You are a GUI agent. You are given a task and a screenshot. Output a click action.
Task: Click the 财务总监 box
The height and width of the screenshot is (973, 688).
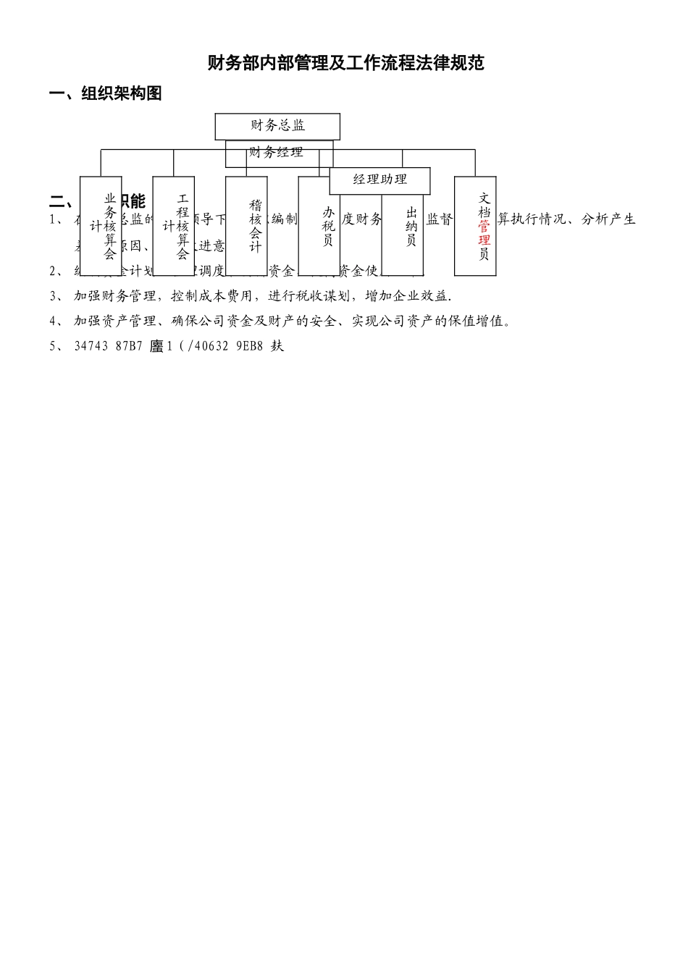pos(277,126)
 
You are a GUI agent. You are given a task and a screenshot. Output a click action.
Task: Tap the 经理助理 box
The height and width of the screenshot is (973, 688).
pos(379,180)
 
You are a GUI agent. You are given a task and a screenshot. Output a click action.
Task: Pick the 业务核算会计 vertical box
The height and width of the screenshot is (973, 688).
pos(101,226)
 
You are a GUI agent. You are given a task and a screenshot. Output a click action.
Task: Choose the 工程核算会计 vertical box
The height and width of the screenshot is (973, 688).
pos(174,226)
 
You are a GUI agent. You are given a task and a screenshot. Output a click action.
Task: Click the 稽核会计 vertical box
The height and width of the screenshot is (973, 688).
pos(247,226)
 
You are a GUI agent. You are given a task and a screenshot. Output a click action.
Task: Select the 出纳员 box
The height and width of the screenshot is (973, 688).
pos(403,226)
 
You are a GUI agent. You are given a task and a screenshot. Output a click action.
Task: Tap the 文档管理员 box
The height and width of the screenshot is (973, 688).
pos(475,226)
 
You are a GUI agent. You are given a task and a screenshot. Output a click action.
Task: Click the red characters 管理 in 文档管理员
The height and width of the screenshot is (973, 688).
pos(484,233)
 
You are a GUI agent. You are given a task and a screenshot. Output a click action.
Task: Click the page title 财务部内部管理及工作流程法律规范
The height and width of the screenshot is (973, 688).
pos(345,63)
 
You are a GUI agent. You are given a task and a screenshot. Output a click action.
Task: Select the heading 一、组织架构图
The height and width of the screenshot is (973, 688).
pos(105,93)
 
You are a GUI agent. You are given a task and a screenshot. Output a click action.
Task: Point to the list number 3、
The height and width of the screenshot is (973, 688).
pos(56,296)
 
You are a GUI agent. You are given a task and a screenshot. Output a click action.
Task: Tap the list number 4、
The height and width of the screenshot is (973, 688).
pos(56,321)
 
